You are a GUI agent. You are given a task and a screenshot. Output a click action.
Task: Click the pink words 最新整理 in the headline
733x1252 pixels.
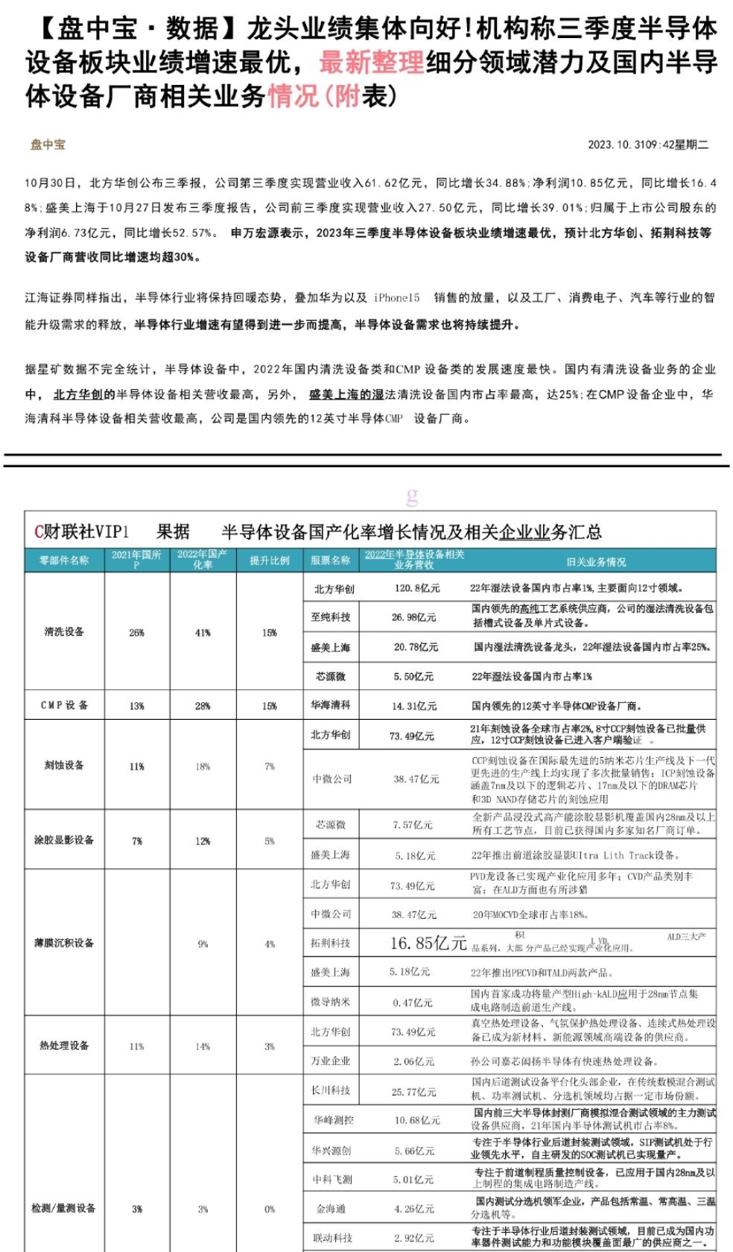(x=372, y=63)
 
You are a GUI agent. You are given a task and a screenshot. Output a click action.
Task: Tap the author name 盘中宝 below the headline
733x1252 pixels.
(x=48, y=145)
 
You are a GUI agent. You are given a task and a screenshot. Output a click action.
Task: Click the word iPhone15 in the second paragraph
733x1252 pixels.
(x=396, y=297)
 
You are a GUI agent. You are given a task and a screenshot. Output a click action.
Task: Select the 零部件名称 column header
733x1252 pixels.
(x=64, y=560)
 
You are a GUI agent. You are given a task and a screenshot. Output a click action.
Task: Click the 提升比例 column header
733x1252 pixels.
(x=269, y=560)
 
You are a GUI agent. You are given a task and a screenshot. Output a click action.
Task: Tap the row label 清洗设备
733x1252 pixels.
(x=64, y=631)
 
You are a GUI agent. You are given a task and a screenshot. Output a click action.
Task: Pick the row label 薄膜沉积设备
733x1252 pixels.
(x=64, y=943)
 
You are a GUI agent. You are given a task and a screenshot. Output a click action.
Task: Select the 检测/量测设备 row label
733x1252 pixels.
(x=63, y=1208)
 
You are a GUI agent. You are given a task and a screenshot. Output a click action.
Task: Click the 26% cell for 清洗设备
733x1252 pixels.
(x=136, y=633)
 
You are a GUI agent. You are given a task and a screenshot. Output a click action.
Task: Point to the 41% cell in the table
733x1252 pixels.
(x=203, y=633)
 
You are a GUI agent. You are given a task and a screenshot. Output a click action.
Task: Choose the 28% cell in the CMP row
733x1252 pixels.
(x=203, y=706)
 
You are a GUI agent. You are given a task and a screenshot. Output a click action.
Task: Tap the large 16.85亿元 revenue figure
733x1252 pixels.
(x=428, y=943)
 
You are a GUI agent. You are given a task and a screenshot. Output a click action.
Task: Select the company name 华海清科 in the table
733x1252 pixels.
(x=331, y=704)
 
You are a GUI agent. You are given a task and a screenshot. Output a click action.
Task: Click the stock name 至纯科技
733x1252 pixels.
(x=331, y=617)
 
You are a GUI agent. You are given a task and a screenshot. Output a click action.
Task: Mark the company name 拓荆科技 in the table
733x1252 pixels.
(x=331, y=943)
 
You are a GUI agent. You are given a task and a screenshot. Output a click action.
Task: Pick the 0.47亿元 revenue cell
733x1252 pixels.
(x=413, y=1002)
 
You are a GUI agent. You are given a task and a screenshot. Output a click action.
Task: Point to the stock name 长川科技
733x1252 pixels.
(x=331, y=1090)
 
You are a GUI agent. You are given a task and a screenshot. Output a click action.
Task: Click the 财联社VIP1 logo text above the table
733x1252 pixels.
(x=82, y=531)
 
